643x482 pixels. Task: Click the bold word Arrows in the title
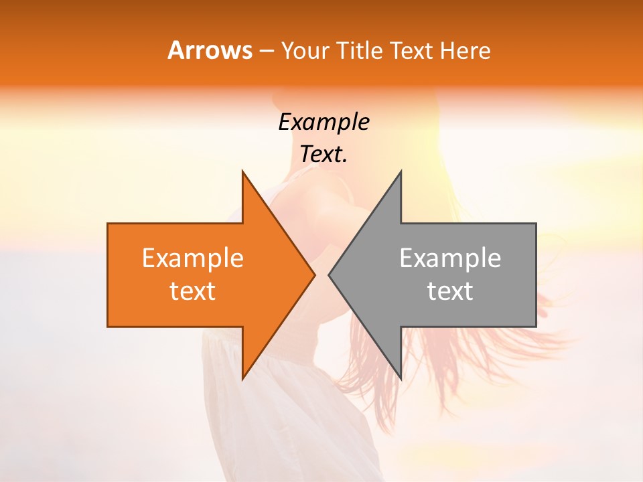(x=210, y=50)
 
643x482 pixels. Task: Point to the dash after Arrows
(x=266, y=51)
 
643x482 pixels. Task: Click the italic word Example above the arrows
(x=324, y=123)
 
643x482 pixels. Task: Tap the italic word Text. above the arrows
(x=324, y=155)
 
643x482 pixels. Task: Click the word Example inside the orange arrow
(x=193, y=258)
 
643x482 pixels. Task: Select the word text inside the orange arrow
(x=193, y=291)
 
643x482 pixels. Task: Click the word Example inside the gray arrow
(x=450, y=258)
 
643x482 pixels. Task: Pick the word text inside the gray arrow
(x=450, y=291)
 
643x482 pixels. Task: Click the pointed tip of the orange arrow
(x=315, y=274)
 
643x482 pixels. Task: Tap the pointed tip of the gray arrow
(x=329, y=274)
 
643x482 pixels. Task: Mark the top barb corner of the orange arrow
(x=242, y=171)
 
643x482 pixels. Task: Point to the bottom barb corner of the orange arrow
(x=242, y=379)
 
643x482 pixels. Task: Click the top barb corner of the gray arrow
(x=401, y=171)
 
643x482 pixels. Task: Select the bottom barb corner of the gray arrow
(x=401, y=379)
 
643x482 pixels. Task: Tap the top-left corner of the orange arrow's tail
(x=108, y=224)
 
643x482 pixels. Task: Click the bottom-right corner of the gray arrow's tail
(x=536, y=327)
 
